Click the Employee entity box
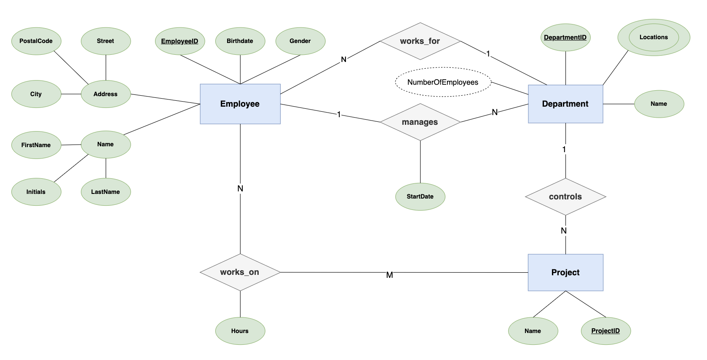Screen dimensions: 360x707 pyautogui.click(x=240, y=104)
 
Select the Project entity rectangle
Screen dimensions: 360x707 pyautogui.click(x=565, y=272)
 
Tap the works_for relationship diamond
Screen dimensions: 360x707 pyautogui.click(x=420, y=41)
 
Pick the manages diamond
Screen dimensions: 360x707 pyautogui.click(x=420, y=122)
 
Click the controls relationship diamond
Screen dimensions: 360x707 pyautogui.click(x=565, y=196)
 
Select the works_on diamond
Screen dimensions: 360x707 pyautogui.click(x=240, y=272)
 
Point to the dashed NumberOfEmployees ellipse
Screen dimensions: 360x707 pyautogui.click(x=443, y=82)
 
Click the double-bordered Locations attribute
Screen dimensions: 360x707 pyautogui.click(x=653, y=37)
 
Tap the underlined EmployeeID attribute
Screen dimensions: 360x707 pyautogui.click(x=179, y=41)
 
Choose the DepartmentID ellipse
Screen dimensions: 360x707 pyautogui.click(x=565, y=37)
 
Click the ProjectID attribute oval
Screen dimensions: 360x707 pyautogui.click(x=605, y=330)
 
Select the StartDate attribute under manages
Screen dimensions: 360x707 pyautogui.click(x=420, y=196)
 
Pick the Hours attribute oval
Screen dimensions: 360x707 pyautogui.click(x=240, y=331)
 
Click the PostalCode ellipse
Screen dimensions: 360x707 pyautogui.click(x=36, y=41)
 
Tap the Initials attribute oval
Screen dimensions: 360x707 pyautogui.click(x=36, y=192)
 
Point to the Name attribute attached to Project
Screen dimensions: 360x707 pyautogui.click(x=533, y=331)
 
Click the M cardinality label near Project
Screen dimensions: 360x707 pyautogui.click(x=389, y=275)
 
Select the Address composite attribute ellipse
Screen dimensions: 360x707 pyautogui.click(x=105, y=94)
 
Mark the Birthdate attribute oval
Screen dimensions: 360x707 pyautogui.click(x=240, y=41)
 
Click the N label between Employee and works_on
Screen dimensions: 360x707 pyautogui.click(x=240, y=188)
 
